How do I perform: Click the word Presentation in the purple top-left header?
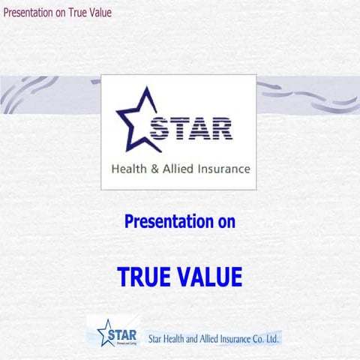(x=28, y=13)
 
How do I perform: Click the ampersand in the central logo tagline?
(x=154, y=169)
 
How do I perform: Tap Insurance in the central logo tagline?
(x=223, y=169)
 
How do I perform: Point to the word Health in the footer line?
(x=178, y=338)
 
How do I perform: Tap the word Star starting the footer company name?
(x=156, y=338)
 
